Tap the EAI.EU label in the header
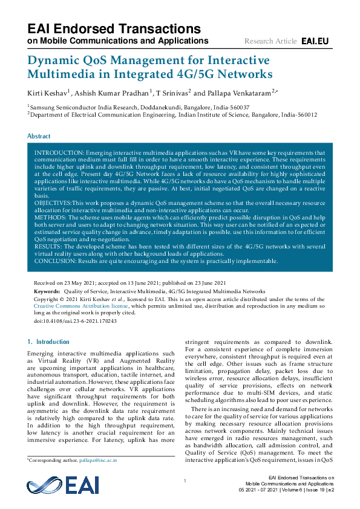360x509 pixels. click(x=315, y=41)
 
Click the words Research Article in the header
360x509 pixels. click(x=270, y=41)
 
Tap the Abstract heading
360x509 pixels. click(x=39, y=137)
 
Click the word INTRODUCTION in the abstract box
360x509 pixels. click(x=59, y=154)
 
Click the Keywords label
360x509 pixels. click(x=47, y=291)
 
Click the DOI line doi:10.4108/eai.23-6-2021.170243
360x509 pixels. click(x=76, y=321)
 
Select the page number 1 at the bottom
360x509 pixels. click(x=184, y=481)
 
